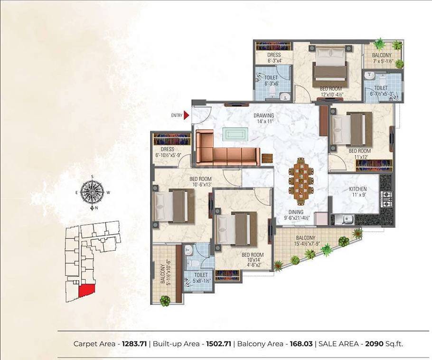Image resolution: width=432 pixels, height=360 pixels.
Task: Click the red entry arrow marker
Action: click(187, 115)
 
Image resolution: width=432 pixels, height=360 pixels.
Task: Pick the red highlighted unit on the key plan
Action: click(87, 289)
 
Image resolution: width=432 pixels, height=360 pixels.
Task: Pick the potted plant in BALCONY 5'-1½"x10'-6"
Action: click(165, 301)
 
